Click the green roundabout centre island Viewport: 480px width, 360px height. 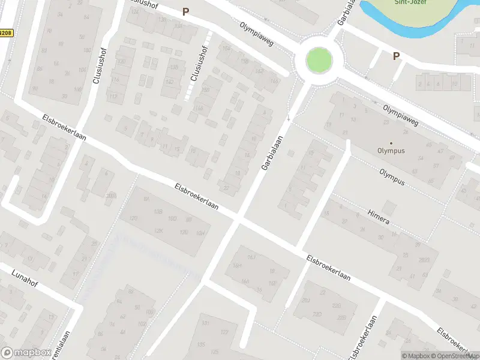tap(319, 60)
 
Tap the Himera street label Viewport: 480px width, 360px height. tap(379, 217)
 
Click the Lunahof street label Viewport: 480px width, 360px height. tap(24, 278)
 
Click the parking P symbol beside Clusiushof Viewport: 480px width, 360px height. tap(186, 11)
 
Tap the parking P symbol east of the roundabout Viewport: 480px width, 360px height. tap(396, 56)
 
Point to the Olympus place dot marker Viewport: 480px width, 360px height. tap(391, 143)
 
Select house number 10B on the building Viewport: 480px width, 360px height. tap(158, 212)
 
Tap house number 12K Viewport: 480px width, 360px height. tap(159, 230)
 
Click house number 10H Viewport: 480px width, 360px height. tap(200, 233)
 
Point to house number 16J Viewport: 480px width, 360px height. tap(252, 257)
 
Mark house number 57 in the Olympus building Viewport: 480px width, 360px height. tap(437, 166)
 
